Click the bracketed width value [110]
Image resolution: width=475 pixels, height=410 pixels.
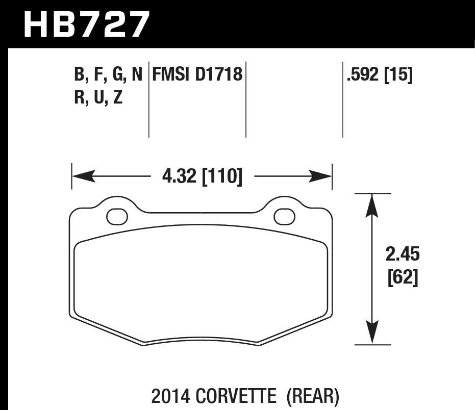[x=222, y=177]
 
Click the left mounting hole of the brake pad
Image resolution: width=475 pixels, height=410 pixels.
[x=117, y=216]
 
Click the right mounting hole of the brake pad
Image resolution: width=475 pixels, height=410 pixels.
[x=284, y=216]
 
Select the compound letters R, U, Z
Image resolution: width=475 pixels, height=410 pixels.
[x=98, y=97]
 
